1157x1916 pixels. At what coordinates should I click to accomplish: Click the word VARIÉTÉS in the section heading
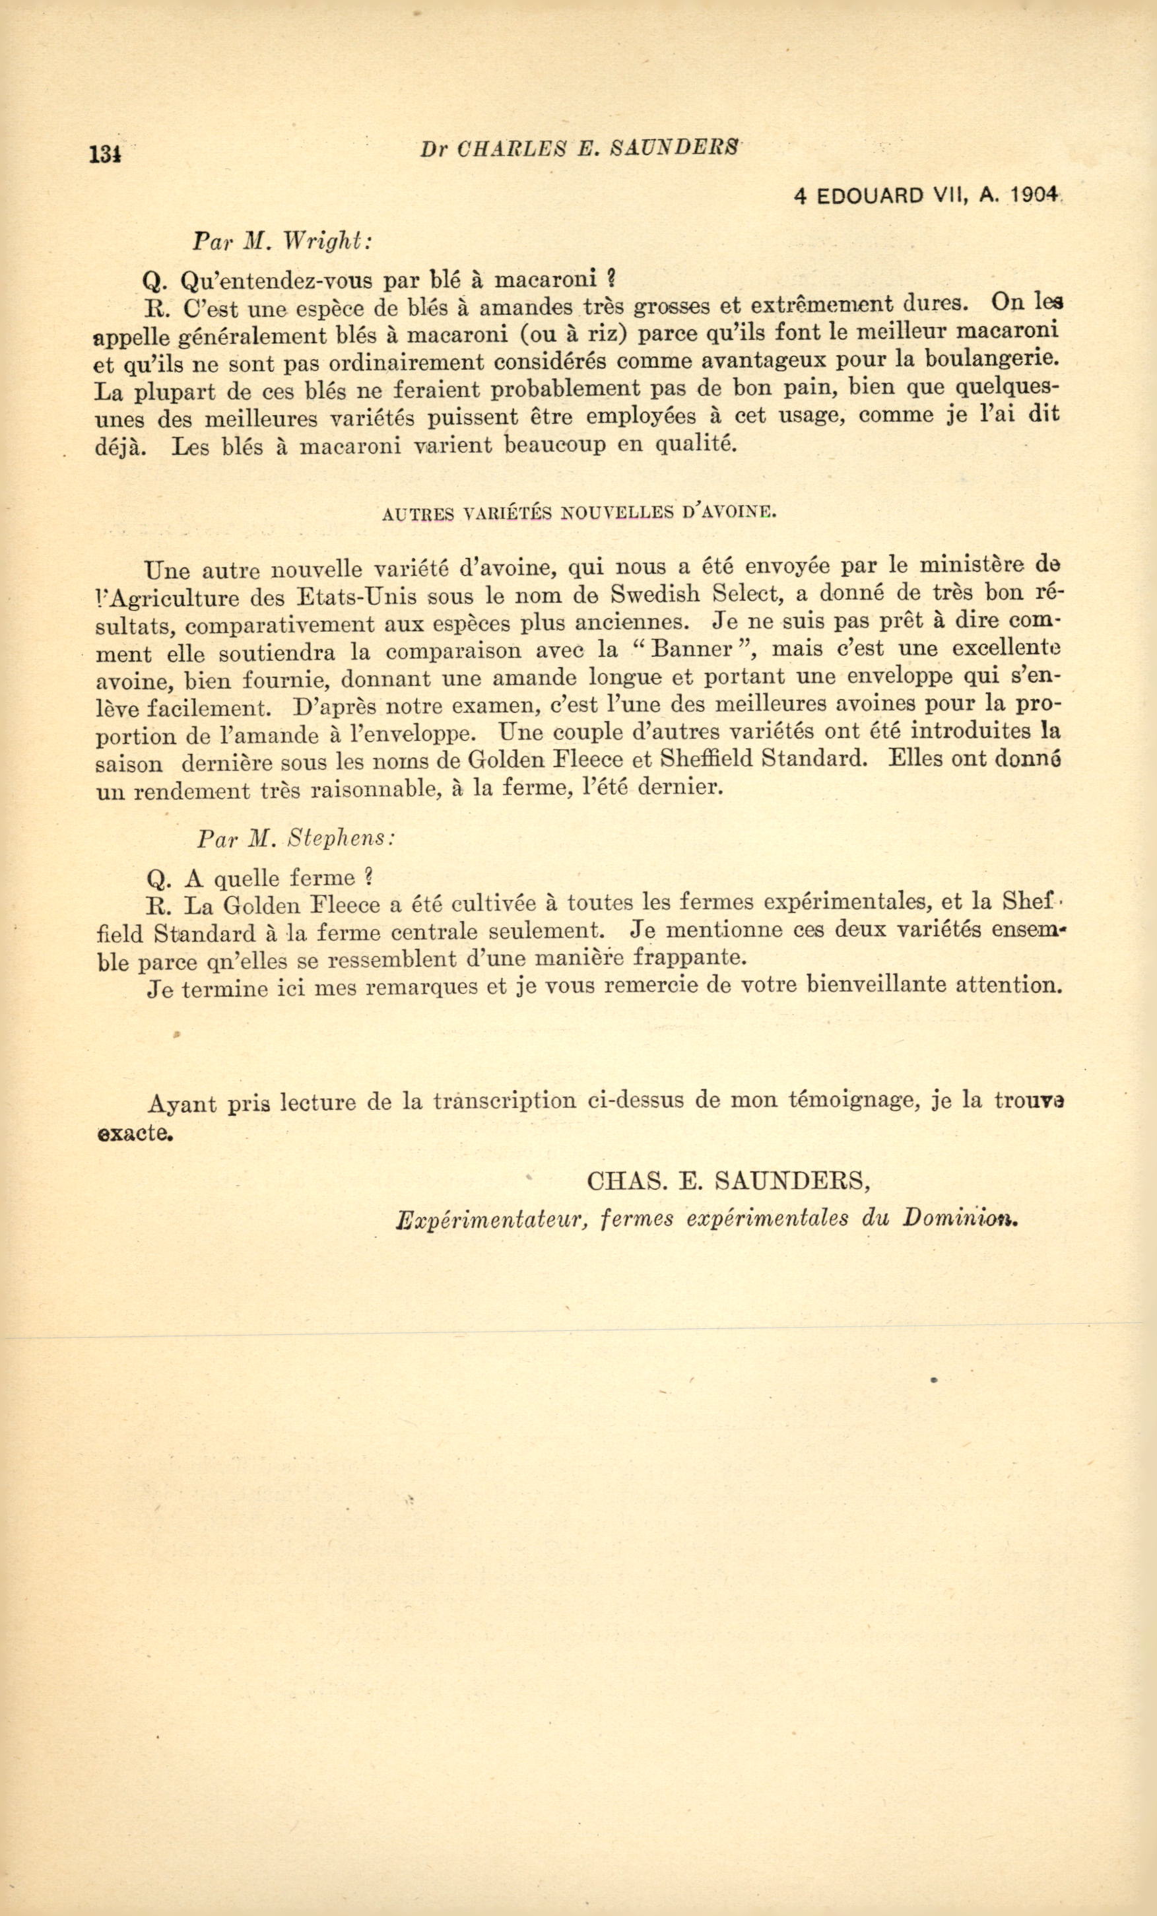tap(508, 513)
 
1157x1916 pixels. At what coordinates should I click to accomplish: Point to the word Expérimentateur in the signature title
tap(490, 1219)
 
